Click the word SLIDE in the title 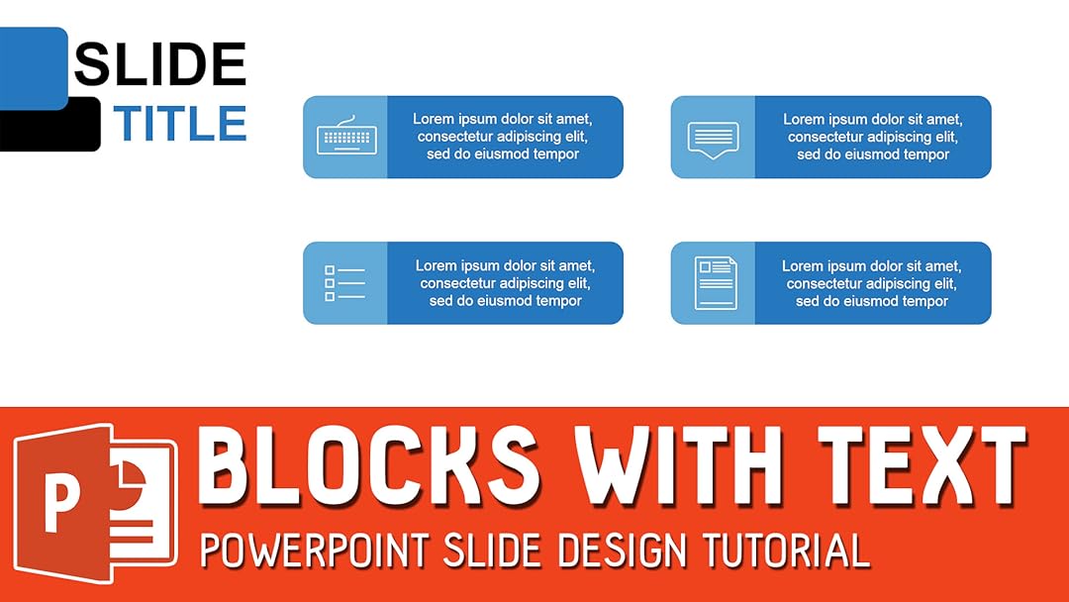[159, 65]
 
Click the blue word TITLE [178, 124]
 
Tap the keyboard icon [345, 137]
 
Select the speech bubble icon [713, 139]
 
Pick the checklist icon [344, 283]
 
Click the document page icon [715, 283]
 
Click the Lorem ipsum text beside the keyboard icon [503, 137]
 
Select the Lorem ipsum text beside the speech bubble [872, 137]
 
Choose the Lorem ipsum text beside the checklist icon [505, 283]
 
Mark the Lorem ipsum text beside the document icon [871, 283]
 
